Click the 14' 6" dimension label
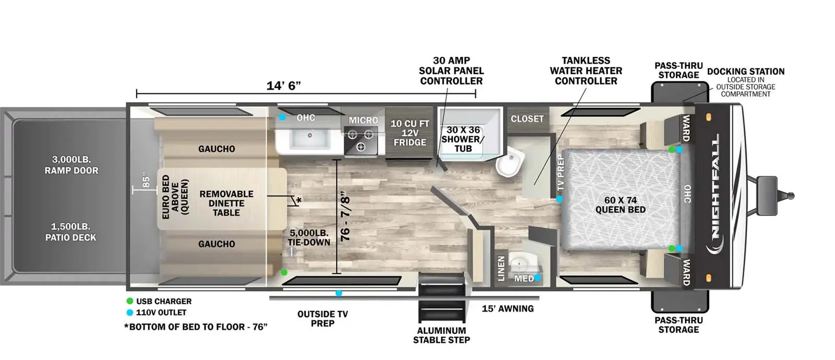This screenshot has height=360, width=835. [x=283, y=86]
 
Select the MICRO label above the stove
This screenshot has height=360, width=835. [x=363, y=120]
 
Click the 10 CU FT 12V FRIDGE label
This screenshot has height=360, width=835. [x=410, y=133]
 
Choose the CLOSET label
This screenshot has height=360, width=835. [x=527, y=118]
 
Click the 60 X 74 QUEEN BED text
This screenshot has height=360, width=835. [x=621, y=205]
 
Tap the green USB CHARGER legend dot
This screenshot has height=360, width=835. [x=130, y=301]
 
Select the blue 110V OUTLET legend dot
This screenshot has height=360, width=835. [x=130, y=313]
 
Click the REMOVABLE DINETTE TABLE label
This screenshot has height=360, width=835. [x=226, y=203]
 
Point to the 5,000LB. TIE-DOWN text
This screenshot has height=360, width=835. [x=309, y=237]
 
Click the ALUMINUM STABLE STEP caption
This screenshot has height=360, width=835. [x=442, y=335]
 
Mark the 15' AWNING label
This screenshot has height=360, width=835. [x=508, y=308]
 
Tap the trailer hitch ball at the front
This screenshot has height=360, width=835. [x=790, y=196]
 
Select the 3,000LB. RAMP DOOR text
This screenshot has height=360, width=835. [x=71, y=165]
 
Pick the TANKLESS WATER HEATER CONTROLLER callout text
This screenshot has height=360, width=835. [x=586, y=70]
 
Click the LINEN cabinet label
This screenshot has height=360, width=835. [x=502, y=268]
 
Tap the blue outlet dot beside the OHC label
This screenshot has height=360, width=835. [x=282, y=117]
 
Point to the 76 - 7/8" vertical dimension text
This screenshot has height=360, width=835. [x=345, y=216]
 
